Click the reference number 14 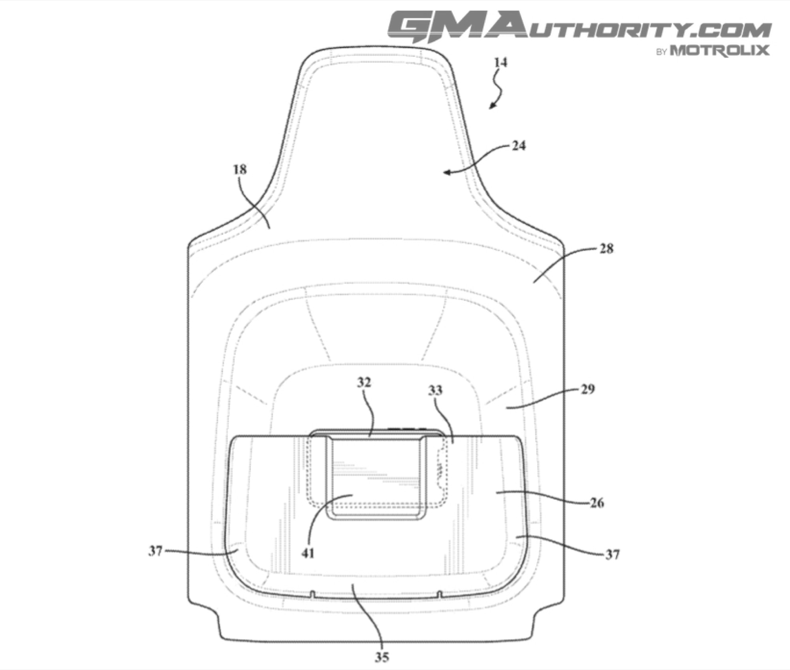500,62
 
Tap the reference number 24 519,146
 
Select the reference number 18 240,169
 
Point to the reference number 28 606,249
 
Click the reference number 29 588,389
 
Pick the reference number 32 364,382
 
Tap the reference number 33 435,390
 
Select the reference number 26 597,503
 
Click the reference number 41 308,553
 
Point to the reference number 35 382,657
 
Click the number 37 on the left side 156,551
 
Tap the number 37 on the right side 612,555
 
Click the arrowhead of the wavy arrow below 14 492,105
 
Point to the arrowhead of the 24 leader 447,172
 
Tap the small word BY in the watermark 662,52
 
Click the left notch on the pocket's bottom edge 312,594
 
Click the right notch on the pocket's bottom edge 439,594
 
